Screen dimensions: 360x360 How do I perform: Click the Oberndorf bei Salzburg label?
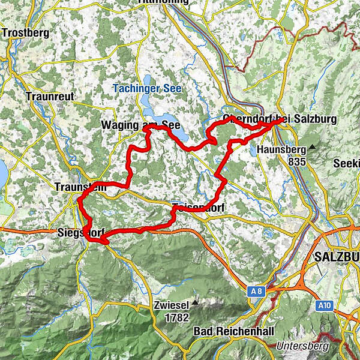pyautogui.click(x=279, y=119)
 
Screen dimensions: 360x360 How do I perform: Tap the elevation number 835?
pyautogui.click(x=296, y=161)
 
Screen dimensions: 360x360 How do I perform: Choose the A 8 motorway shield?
pyautogui.click(x=257, y=292)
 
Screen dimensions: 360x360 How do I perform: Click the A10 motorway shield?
pyautogui.click(x=325, y=306)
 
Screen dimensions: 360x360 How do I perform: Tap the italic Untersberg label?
pyautogui.click(x=302, y=346)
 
